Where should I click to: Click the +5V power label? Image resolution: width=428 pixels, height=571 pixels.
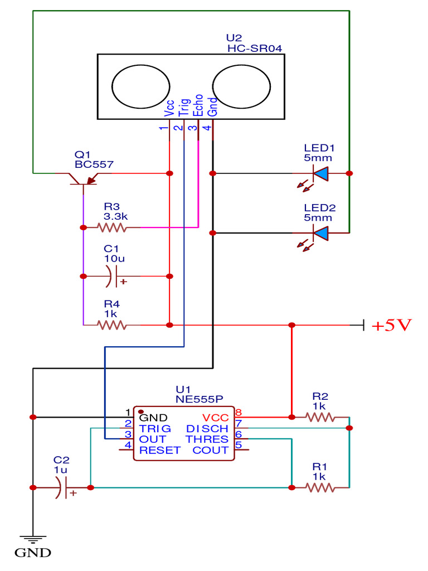(x=391, y=326)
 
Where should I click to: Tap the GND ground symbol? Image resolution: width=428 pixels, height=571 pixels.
(x=33, y=540)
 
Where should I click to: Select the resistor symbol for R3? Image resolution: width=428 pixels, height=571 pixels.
(x=112, y=228)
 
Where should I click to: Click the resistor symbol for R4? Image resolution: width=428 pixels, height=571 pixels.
(x=112, y=325)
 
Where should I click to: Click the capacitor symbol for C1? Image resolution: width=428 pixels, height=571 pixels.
(x=114, y=276)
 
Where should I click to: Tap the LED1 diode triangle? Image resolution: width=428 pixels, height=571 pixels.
(x=321, y=174)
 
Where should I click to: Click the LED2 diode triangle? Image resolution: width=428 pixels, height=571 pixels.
(x=321, y=233)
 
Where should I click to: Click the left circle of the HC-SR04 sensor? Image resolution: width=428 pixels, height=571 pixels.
(x=140, y=86)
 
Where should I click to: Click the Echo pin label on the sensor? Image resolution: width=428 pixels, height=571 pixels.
(x=198, y=108)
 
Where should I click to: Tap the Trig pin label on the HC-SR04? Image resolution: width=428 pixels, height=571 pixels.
(x=184, y=108)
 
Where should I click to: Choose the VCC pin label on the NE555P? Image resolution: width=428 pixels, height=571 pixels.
(x=215, y=418)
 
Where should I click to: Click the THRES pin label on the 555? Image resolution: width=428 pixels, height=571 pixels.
(x=207, y=439)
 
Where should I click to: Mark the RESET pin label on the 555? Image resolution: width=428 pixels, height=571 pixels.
(x=160, y=451)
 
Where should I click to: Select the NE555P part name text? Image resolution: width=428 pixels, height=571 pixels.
(x=199, y=399)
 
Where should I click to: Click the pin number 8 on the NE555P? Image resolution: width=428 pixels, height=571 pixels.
(x=239, y=413)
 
